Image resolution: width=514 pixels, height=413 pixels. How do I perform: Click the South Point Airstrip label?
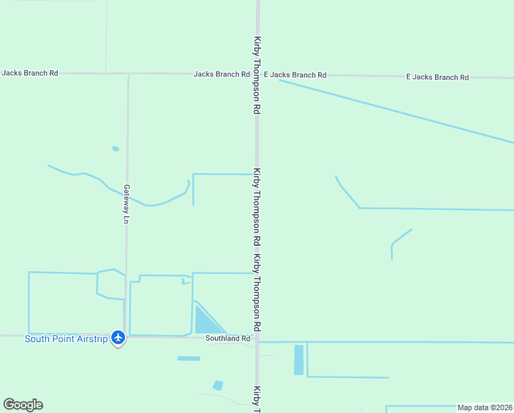(66, 339)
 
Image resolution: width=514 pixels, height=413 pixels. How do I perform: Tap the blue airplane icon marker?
(118, 338)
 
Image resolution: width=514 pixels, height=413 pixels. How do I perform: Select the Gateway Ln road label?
(126, 204)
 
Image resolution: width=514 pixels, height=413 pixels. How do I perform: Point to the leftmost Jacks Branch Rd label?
(30, 72)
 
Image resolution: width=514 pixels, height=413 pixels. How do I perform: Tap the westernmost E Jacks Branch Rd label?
(295, 74)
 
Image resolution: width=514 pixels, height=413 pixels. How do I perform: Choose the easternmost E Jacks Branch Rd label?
(437, 77)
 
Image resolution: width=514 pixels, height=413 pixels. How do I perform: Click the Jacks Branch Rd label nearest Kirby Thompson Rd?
(221, 74)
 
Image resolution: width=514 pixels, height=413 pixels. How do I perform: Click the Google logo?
(23, 405)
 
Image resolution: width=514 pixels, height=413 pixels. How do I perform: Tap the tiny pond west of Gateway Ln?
(115, 148)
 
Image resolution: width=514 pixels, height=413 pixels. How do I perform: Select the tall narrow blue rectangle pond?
(298, 359)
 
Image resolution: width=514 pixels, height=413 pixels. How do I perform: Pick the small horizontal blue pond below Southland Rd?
(188, 358)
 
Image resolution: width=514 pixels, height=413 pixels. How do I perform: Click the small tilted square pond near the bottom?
(218, 385)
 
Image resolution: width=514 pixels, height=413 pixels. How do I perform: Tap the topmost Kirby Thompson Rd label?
(257, 75)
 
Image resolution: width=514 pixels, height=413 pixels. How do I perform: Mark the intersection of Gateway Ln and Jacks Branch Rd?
(128, 73)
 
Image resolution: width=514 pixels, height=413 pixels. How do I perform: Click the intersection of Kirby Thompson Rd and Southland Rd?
(257, 337)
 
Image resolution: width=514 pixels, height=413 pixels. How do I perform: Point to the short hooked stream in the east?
(399, 241)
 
